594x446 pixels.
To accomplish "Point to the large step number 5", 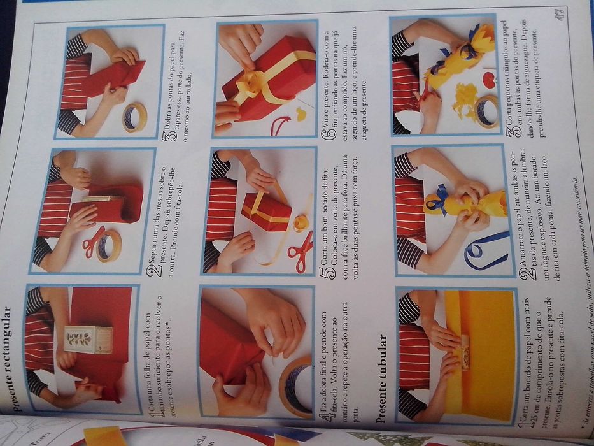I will coord(323,275).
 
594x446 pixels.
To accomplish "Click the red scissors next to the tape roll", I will coord(93,241).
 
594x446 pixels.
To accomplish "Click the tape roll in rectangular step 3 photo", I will coord(134,118).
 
